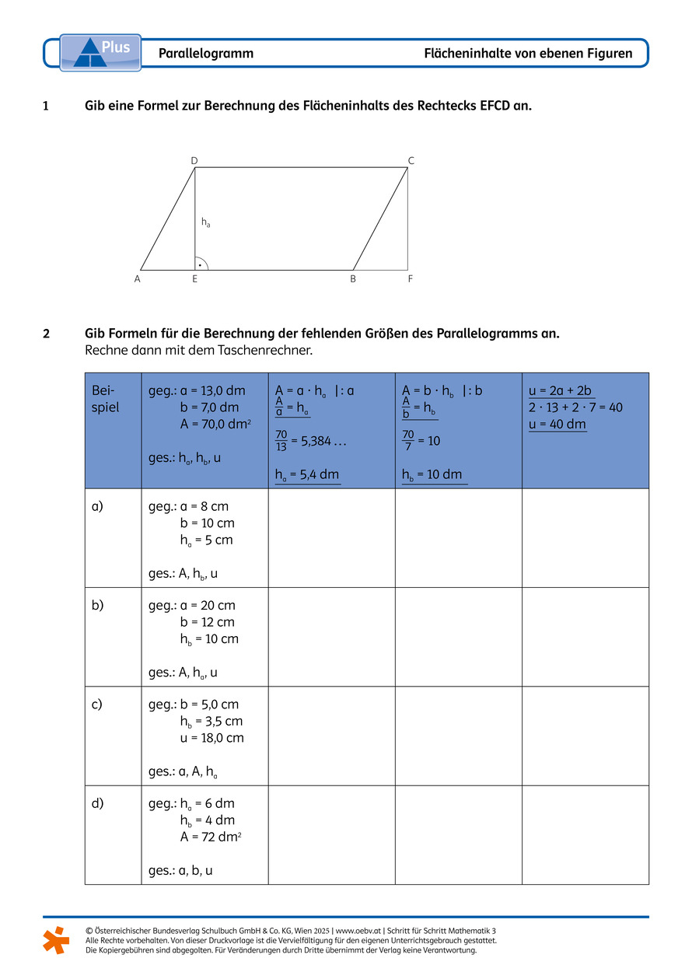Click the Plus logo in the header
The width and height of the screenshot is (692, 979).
pyautogui.click(x=100, y=52)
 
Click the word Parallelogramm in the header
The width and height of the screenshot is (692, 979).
pyautogui.click(x=206, y=54)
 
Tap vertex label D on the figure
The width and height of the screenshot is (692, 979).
pyautogui.click(x=194, y=161)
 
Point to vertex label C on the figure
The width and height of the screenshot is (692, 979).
pyautogui.click(x=411, y=161)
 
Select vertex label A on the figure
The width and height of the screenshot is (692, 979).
pyautogui.click(x=137, y=278)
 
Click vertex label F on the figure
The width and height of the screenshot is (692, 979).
pyautogui.click(x=411, y=278)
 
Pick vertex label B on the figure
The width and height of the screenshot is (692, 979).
pyautogui.click(x=353, y=278)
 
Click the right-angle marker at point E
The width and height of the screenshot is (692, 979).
pyautogui.click(x=201, y=264)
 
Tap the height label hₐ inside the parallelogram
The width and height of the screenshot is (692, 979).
pyautogui.click(x=205, y=222)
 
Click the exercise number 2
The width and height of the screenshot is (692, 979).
pyautogui.click(x=47, y=334)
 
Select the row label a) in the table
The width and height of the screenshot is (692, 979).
pyautogui.click(x=98, y=506)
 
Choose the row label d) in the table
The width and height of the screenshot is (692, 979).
pyautogui.click(x=98, y=803)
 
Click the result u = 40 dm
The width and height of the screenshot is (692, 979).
pyautogui.click(x=557, y=424)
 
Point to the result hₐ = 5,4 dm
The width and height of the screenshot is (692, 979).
pyautogui.click(x=307, y=474)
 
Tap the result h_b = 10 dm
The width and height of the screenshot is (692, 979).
pyautogui.click(x=432, y=474)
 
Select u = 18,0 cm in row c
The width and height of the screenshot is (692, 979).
pyautogui.click(x=211, y=738)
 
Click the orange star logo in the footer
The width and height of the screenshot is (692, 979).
pyautogui.click(x=56, y=939)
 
